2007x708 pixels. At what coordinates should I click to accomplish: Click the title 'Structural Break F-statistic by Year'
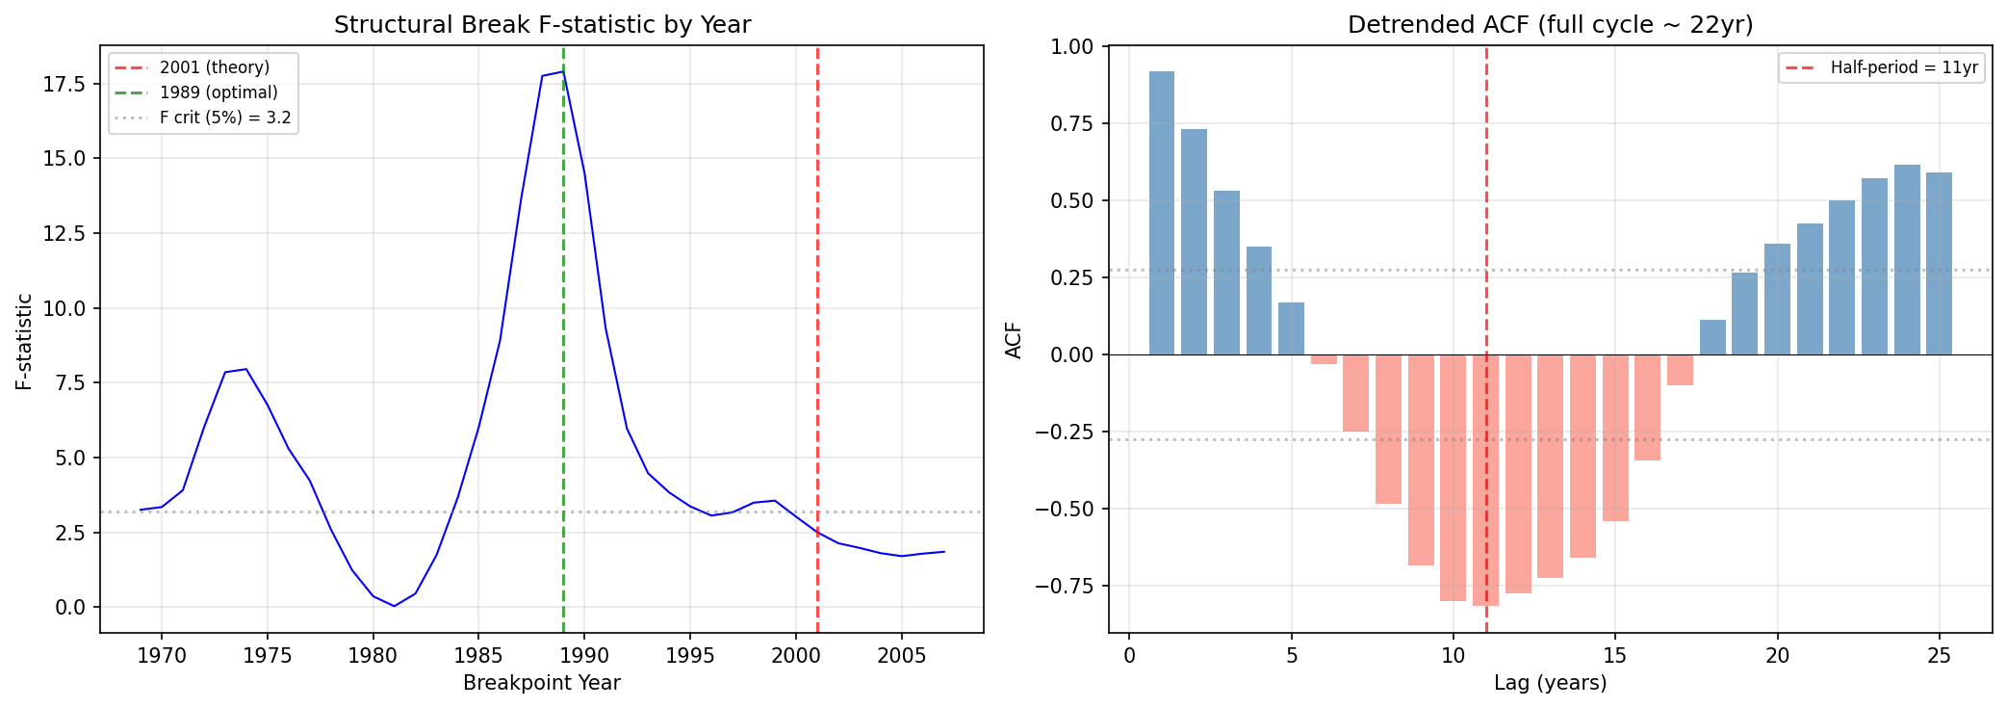coord(542,25)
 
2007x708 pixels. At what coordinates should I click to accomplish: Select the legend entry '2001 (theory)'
coord(214,67)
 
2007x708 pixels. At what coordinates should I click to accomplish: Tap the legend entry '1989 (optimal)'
coord(218,92)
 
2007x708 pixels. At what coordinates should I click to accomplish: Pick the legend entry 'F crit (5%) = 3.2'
coord(224,118)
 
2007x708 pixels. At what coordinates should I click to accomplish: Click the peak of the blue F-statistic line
coord(563,71)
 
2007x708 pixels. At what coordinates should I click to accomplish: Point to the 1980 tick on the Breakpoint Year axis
coord(373,656)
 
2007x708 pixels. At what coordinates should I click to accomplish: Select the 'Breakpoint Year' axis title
coord(542,683)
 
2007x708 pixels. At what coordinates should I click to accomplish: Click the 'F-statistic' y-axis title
coord(24,342)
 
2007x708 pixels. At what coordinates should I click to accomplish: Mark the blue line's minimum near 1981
coord(394,606)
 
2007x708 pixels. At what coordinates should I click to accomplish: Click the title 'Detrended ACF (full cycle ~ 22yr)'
coord(1550,25)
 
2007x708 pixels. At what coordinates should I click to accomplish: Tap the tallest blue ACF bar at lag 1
coord(1161,213)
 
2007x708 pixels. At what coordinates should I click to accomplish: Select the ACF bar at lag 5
coord(1291,328)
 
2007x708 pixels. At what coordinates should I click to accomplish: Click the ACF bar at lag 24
coord(1906,260)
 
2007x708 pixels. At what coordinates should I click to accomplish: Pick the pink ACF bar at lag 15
coord(1615,437)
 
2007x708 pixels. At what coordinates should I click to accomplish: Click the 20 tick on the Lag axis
coord(1777,656)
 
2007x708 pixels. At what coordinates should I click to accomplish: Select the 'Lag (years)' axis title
coord(1550,683)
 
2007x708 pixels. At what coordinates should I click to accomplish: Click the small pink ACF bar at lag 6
coord(1324,359)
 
